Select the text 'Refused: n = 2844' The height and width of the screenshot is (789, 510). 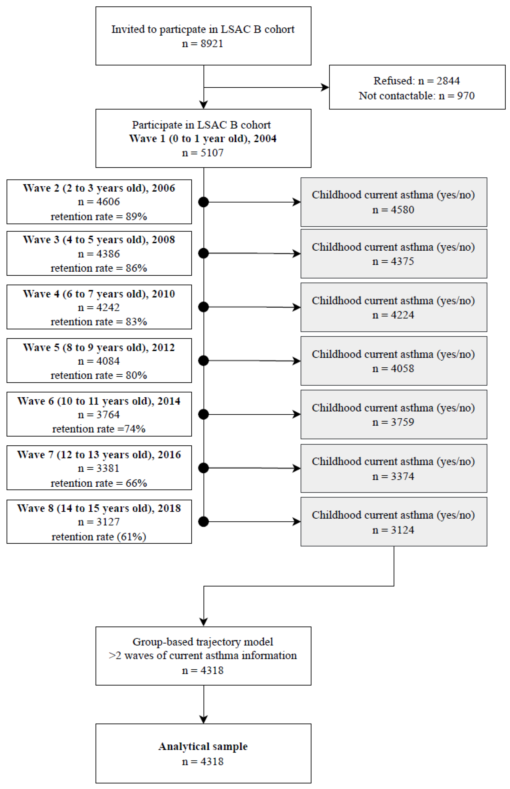point(417,81)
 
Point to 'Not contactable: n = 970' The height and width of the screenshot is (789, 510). point(417,96)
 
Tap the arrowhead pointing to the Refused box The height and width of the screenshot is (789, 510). point(325,87)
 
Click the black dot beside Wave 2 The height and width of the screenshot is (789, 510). point(203,202)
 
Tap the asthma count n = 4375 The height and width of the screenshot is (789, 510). point(393,261)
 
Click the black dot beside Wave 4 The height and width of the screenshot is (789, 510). point(203,307)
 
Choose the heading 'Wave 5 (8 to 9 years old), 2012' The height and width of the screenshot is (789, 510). point(99,347)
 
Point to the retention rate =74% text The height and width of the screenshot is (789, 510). point(99,429)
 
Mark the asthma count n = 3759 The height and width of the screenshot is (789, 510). point(393,422)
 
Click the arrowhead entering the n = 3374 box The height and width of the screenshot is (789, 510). point(297,468)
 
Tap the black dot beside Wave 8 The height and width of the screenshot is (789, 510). point(203,522)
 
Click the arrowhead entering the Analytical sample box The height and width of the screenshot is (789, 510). point(203,720)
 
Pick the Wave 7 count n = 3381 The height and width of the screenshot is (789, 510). point(99,468)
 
